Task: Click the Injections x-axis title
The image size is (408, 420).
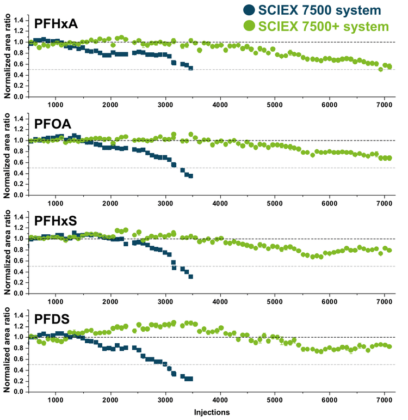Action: (212, 412)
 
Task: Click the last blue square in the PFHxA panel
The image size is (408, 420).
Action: (190, 68)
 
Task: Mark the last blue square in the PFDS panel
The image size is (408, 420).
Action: (191, 379)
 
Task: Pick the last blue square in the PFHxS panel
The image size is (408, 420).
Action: (191, 276)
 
